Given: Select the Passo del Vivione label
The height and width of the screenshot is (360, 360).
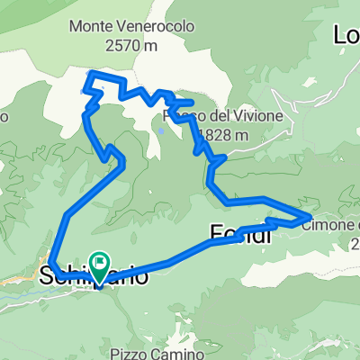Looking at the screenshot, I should [225, 117].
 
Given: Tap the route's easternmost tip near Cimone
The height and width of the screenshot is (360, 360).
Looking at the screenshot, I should [310, 216].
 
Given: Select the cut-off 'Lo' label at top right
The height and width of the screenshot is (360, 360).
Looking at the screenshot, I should [346, 35].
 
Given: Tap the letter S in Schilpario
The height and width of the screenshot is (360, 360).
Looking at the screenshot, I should [48, 277].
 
